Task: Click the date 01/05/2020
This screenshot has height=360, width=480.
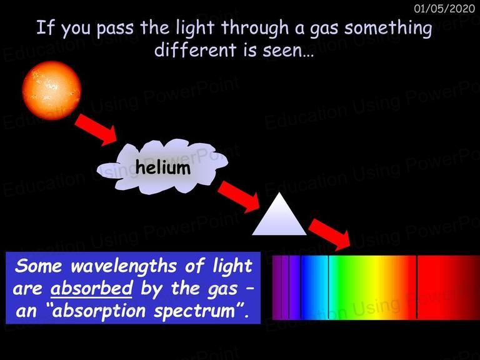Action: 444,8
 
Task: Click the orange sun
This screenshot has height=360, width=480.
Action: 51,90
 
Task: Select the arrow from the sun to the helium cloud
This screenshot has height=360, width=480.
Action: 96,129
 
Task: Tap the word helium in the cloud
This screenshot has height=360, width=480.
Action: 163,167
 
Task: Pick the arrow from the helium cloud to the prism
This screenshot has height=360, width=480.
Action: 239,196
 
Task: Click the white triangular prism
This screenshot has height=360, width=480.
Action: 279,214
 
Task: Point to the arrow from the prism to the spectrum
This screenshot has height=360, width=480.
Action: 330,234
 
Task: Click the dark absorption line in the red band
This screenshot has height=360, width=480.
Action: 417,287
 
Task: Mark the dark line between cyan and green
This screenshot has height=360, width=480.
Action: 328,287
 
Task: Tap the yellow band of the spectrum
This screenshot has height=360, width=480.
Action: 376,287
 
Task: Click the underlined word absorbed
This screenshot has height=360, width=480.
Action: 91,288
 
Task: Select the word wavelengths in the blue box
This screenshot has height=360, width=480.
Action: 124,266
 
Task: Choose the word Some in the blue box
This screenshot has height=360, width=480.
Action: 39,266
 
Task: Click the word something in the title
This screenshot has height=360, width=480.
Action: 388,29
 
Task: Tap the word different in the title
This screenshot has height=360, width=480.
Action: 195,49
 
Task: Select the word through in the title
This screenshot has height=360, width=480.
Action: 255,28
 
